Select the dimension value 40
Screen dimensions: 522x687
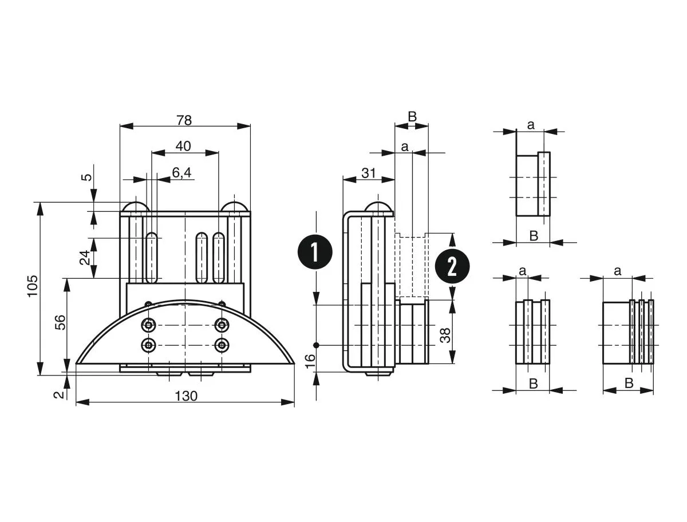pyautogui.click(x=183, y=146)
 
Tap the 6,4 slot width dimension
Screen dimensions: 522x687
pyautogui.click(x=181, y=173)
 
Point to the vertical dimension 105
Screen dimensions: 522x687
pyautogui.click(x=32, y=286)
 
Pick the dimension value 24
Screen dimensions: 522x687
pyautogui.click(x=85, y=258)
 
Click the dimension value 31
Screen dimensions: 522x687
pyautogui.click(x=369, y=173)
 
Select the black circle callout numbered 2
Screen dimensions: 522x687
pyautogui.click(x=452, y=266)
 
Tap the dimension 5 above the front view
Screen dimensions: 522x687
pyautogui.click(x=86, y=177)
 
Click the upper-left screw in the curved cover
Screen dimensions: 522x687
pyautogui.click(x=149, y=325)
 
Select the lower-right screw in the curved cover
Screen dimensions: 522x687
pyautogui.click(x=221, y=345)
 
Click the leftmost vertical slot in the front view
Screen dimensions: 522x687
pyautogui.click(x=152, y=258)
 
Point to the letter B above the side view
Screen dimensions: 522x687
pyautogui.click(x=412, y=117)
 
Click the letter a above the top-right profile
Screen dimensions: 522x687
pyautogui.click(x=530, y=125)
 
